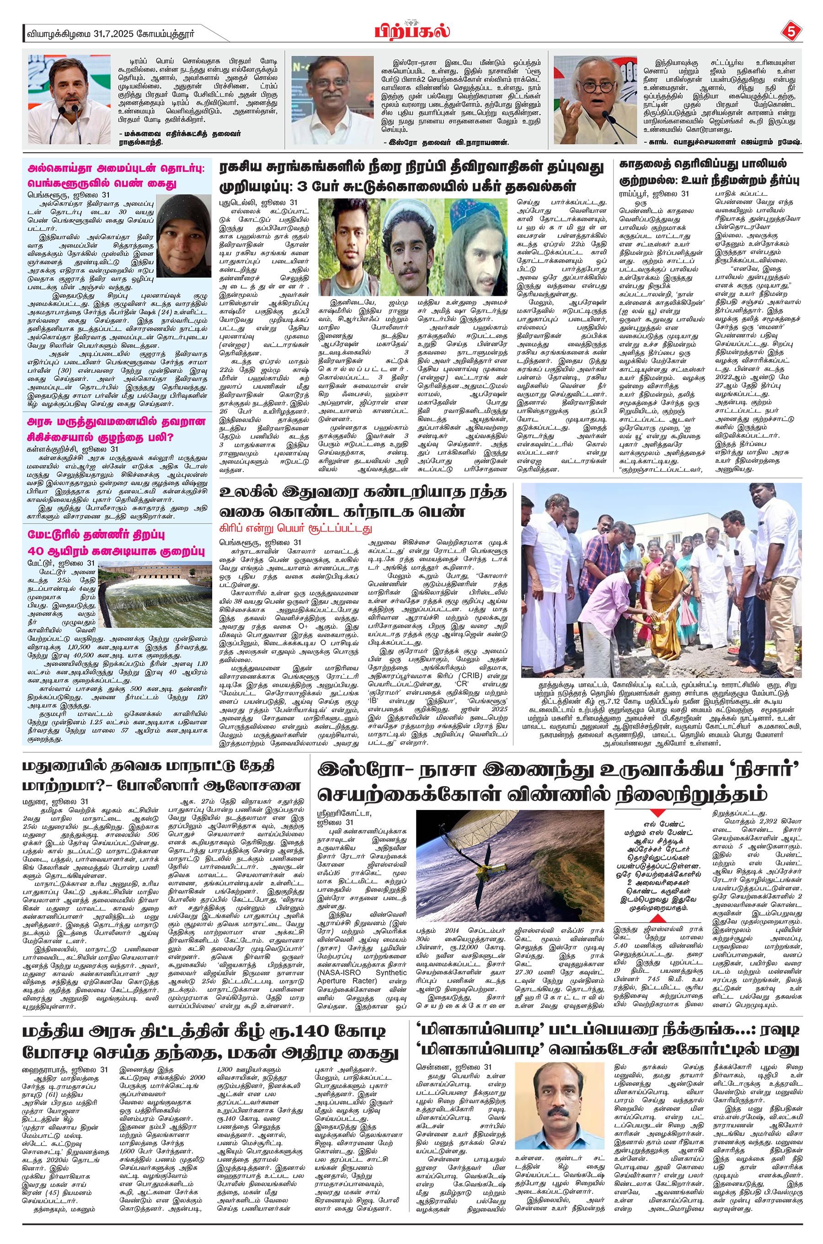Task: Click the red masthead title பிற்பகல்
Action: click(x=412, y=32)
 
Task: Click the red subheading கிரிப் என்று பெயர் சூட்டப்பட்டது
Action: click(x=295, y=527)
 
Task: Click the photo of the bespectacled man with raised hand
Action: click(x=595, y=100)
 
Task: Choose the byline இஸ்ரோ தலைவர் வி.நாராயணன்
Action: click(x=446, y=142)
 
